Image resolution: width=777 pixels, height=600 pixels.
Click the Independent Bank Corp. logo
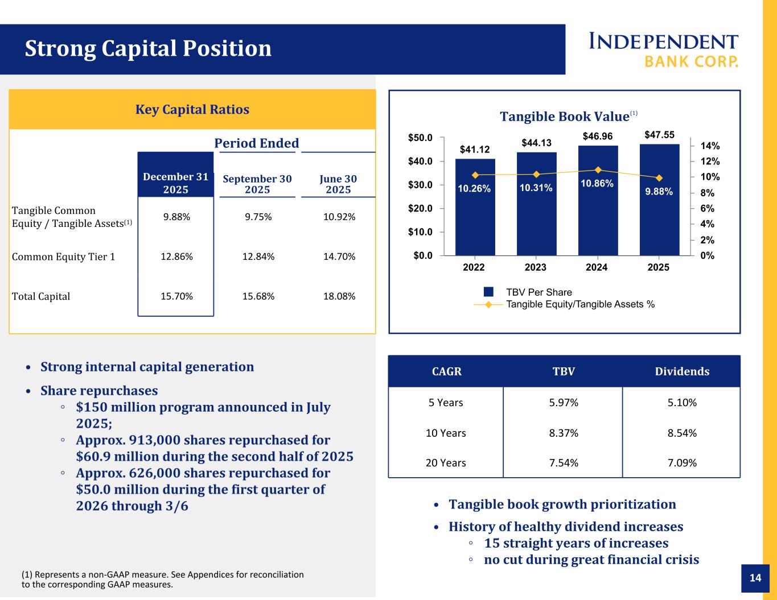pos(663,50)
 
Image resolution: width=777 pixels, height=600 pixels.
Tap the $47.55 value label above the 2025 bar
pos(659,135)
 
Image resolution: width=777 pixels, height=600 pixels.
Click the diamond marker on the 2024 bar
pos(598,169)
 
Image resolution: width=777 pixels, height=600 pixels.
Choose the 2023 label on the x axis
pos(536,267)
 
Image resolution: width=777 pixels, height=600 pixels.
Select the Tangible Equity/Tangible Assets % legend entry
pos(579,304)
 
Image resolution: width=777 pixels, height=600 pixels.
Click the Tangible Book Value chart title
pos(564,117)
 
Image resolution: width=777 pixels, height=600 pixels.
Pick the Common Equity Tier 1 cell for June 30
pos(339,256)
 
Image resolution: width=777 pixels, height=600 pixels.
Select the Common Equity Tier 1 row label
pos(64,256)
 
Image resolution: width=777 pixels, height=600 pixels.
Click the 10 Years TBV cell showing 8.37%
pos(564,433)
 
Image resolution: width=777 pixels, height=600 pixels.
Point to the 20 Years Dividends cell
pos(682,462)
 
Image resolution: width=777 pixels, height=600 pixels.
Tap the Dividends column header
pos(682,371)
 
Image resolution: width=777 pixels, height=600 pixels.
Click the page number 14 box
pos(755,578)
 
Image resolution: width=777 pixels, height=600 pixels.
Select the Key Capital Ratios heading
pos(192,109)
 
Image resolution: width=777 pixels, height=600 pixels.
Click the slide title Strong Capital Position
pos(148,49)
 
